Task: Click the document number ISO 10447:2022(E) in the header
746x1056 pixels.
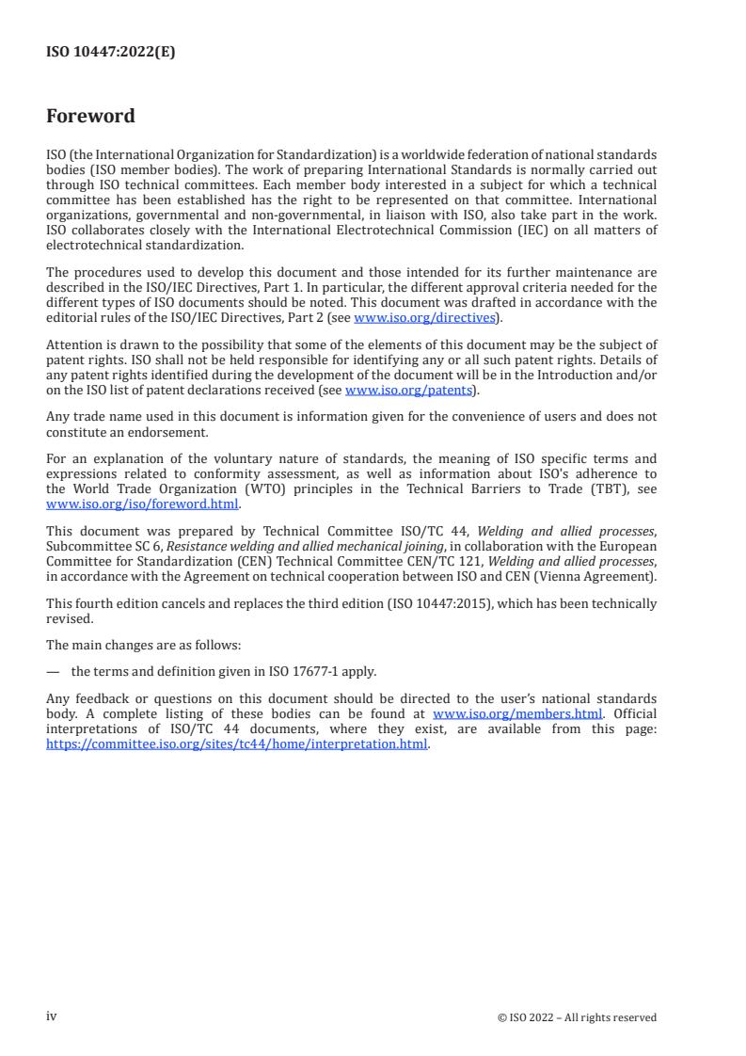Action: coord(110,53)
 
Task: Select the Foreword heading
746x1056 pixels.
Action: coord(90,117)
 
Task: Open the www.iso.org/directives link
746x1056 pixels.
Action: coord(424,318)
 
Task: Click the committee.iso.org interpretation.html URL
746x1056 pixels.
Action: coord(237,744)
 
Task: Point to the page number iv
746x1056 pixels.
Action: coord(52,1016)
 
